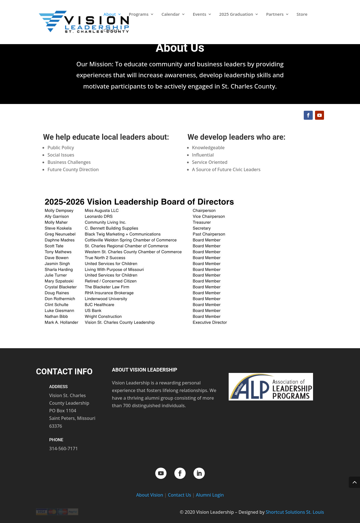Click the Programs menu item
coord(139,14)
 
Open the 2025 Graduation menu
coord(236,14)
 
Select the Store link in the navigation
coord(302,14)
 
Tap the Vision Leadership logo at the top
coord(84,22)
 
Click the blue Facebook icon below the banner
coord(308,115)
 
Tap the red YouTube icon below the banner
coord(319,115)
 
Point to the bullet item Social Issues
coord(61,155)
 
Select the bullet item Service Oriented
coord(210,162)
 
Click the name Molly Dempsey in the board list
coord(59,210)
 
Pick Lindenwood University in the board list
coord(106,299)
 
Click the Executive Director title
coord(210,322)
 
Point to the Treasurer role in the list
coord(202,222)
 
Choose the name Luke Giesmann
coord(59,311)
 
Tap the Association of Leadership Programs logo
coord(271,387)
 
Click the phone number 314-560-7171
coord(64,449)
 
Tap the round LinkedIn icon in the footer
coord(199,473)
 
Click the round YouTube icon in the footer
coord(161,473)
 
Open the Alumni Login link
coord(210,495)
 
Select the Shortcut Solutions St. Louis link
coord(295,512)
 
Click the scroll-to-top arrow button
coord(354,482)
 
